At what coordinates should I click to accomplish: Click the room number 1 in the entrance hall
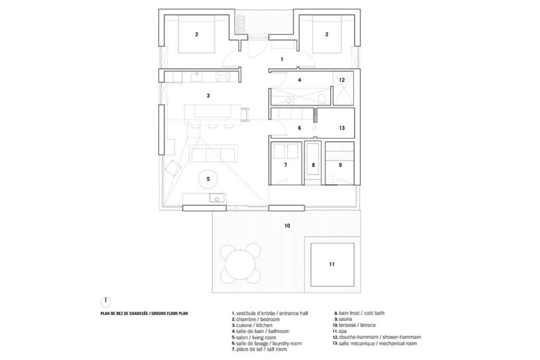tap(282, 59)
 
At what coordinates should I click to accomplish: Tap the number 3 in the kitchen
tap(208, 96)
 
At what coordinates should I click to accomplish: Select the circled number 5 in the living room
tap(208, 178)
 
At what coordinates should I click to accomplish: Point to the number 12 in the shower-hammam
tap(342, 80)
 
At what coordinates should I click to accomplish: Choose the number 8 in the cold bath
tap(314, 165)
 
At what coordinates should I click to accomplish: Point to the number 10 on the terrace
tap(287, 226)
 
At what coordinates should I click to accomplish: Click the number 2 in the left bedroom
tap(196, 33)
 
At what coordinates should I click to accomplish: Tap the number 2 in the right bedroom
tap(325, 33)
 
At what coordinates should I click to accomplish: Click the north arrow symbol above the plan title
tap(105, 299)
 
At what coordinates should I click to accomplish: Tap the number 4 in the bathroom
tap(300, 80)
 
